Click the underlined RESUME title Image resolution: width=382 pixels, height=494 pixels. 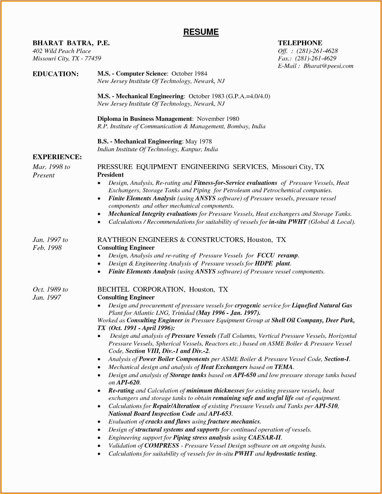pos(201,32)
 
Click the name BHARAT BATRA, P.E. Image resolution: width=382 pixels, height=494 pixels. pos(71,43)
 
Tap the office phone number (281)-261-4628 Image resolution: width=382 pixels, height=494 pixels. pos(317,51)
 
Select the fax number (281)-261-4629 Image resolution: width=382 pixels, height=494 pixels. pos(315,58)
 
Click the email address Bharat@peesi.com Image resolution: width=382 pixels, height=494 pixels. pos(328,66)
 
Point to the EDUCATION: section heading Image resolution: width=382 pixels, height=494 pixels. pos(56,74)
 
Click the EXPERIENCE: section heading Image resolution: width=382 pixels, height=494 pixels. pos(57,157)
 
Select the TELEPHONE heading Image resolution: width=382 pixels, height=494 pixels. pos(300,43)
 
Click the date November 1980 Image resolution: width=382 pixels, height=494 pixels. pos(218,119)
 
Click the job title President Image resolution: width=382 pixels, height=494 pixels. pos(110,175)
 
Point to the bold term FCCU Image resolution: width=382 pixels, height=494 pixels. pos(266,255)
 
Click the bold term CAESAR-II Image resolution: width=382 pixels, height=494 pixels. pos(264,438)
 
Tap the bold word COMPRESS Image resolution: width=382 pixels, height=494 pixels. pos(162,446)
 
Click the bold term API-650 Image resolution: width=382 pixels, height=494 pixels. pos(244,375)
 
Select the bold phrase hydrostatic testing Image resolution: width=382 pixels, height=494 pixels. pos(291,454)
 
